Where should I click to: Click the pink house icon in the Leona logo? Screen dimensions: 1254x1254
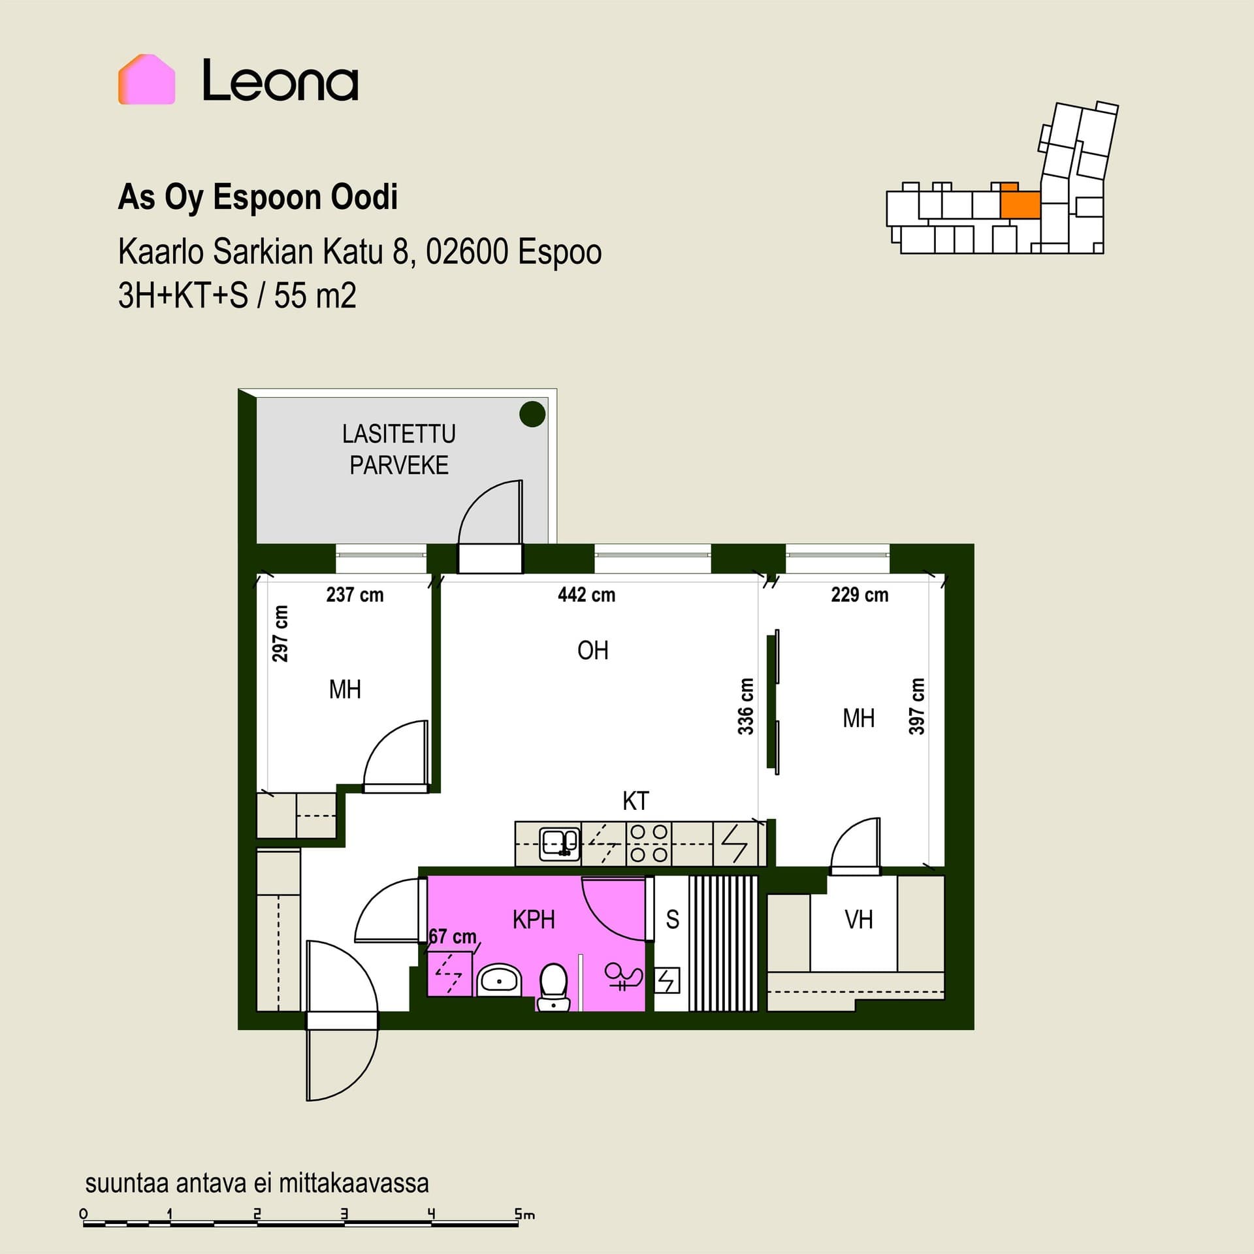[146, 79]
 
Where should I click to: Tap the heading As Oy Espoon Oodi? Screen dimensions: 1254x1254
[258, 197]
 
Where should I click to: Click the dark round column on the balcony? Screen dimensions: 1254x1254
[532, 413]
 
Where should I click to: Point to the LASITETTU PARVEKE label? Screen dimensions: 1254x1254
[399, 449]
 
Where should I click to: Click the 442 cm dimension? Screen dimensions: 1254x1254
[587, 594]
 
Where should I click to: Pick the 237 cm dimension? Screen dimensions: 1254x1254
[355, 594]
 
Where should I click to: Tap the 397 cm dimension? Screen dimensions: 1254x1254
[917, 707]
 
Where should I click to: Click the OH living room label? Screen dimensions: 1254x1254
[593, 651]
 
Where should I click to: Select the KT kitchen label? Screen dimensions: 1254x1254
[635, 801]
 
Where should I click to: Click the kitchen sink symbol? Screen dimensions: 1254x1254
[560, 844]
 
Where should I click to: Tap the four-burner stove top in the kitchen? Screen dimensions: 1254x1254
[648, 844]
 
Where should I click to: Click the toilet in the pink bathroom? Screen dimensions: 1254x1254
[554, 987]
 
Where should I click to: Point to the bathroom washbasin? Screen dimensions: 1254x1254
[500, 980]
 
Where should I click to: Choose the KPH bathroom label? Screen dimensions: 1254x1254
[534, 920]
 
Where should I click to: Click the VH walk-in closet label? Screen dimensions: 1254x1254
[858, 920]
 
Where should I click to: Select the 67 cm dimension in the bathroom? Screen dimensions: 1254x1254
[453, 937]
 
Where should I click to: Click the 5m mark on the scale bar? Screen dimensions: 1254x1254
[524, 1215]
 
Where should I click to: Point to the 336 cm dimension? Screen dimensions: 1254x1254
[746, 707]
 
